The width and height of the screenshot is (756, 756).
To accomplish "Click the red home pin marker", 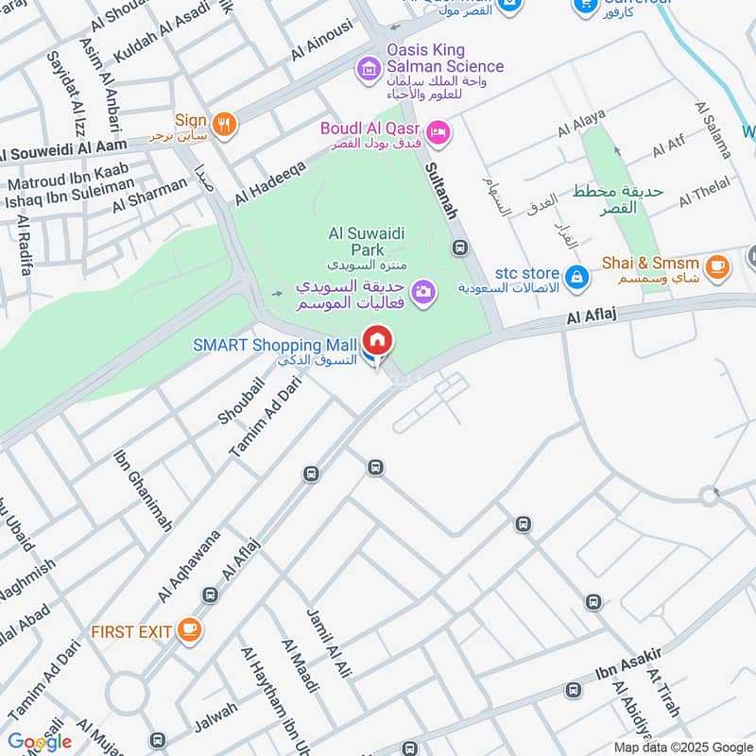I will [377, 341].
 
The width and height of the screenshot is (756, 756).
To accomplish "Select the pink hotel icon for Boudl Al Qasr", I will [438, 132].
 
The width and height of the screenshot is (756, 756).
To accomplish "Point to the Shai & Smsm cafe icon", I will [717, 266].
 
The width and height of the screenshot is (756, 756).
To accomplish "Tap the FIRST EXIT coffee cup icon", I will [190, 628].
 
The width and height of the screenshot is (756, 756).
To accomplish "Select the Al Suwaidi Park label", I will [354, 241].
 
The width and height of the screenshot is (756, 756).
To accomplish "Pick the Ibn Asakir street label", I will [627, 664].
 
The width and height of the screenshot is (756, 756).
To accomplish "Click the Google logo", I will [40, 742].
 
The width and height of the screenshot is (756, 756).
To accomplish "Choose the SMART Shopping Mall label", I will [275, 345].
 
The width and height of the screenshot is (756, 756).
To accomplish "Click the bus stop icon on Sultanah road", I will [460, 249].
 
